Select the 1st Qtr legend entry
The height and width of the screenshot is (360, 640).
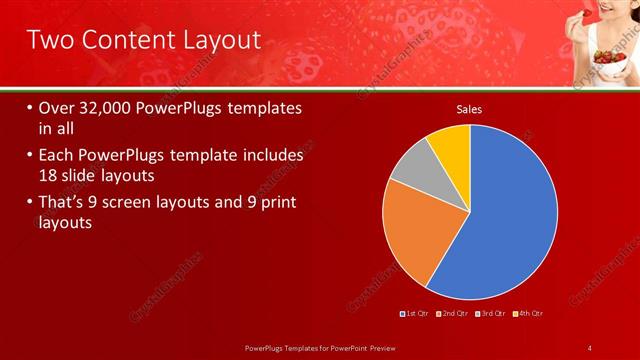pos(414,314)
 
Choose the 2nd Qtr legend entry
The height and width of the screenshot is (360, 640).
pos(452,314)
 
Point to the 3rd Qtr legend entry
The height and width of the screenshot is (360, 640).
pos(491,314)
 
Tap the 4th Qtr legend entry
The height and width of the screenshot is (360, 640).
pos(529,314)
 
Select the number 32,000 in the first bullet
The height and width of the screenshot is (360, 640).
pos(109,108)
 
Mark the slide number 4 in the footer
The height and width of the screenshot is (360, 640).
pos(590,347)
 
